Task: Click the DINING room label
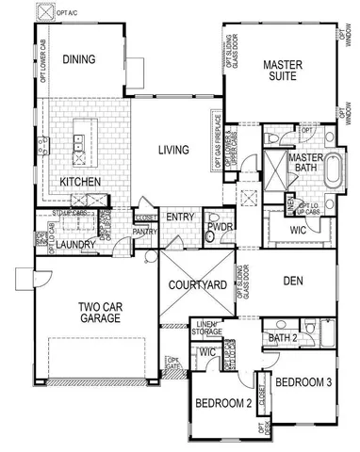(79, 59)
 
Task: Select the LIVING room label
(172, 149)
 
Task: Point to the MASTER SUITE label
(282, 72)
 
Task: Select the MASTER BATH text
(306, 162)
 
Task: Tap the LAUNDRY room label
(72, 246)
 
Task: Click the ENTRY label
(179, 218)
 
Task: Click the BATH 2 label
(282, 338)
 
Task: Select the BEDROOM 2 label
(222, 403)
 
